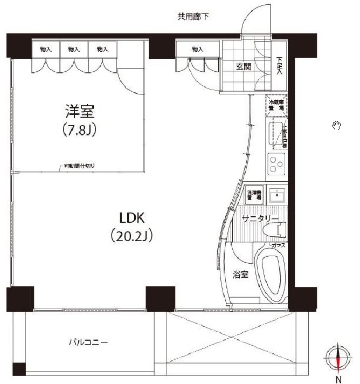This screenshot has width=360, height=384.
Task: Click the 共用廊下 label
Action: point(193,16)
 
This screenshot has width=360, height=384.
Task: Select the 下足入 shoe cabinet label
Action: point(279,66)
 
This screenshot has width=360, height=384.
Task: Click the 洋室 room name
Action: point(80,112)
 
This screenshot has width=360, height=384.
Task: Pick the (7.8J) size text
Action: point(80,131)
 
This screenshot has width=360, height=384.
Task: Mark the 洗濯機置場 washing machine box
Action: point(254,195)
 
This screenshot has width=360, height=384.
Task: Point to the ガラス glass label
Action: point(278,245)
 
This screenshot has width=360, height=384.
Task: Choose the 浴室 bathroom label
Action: point(240,275)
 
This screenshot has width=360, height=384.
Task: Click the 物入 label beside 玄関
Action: point(197,49)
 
